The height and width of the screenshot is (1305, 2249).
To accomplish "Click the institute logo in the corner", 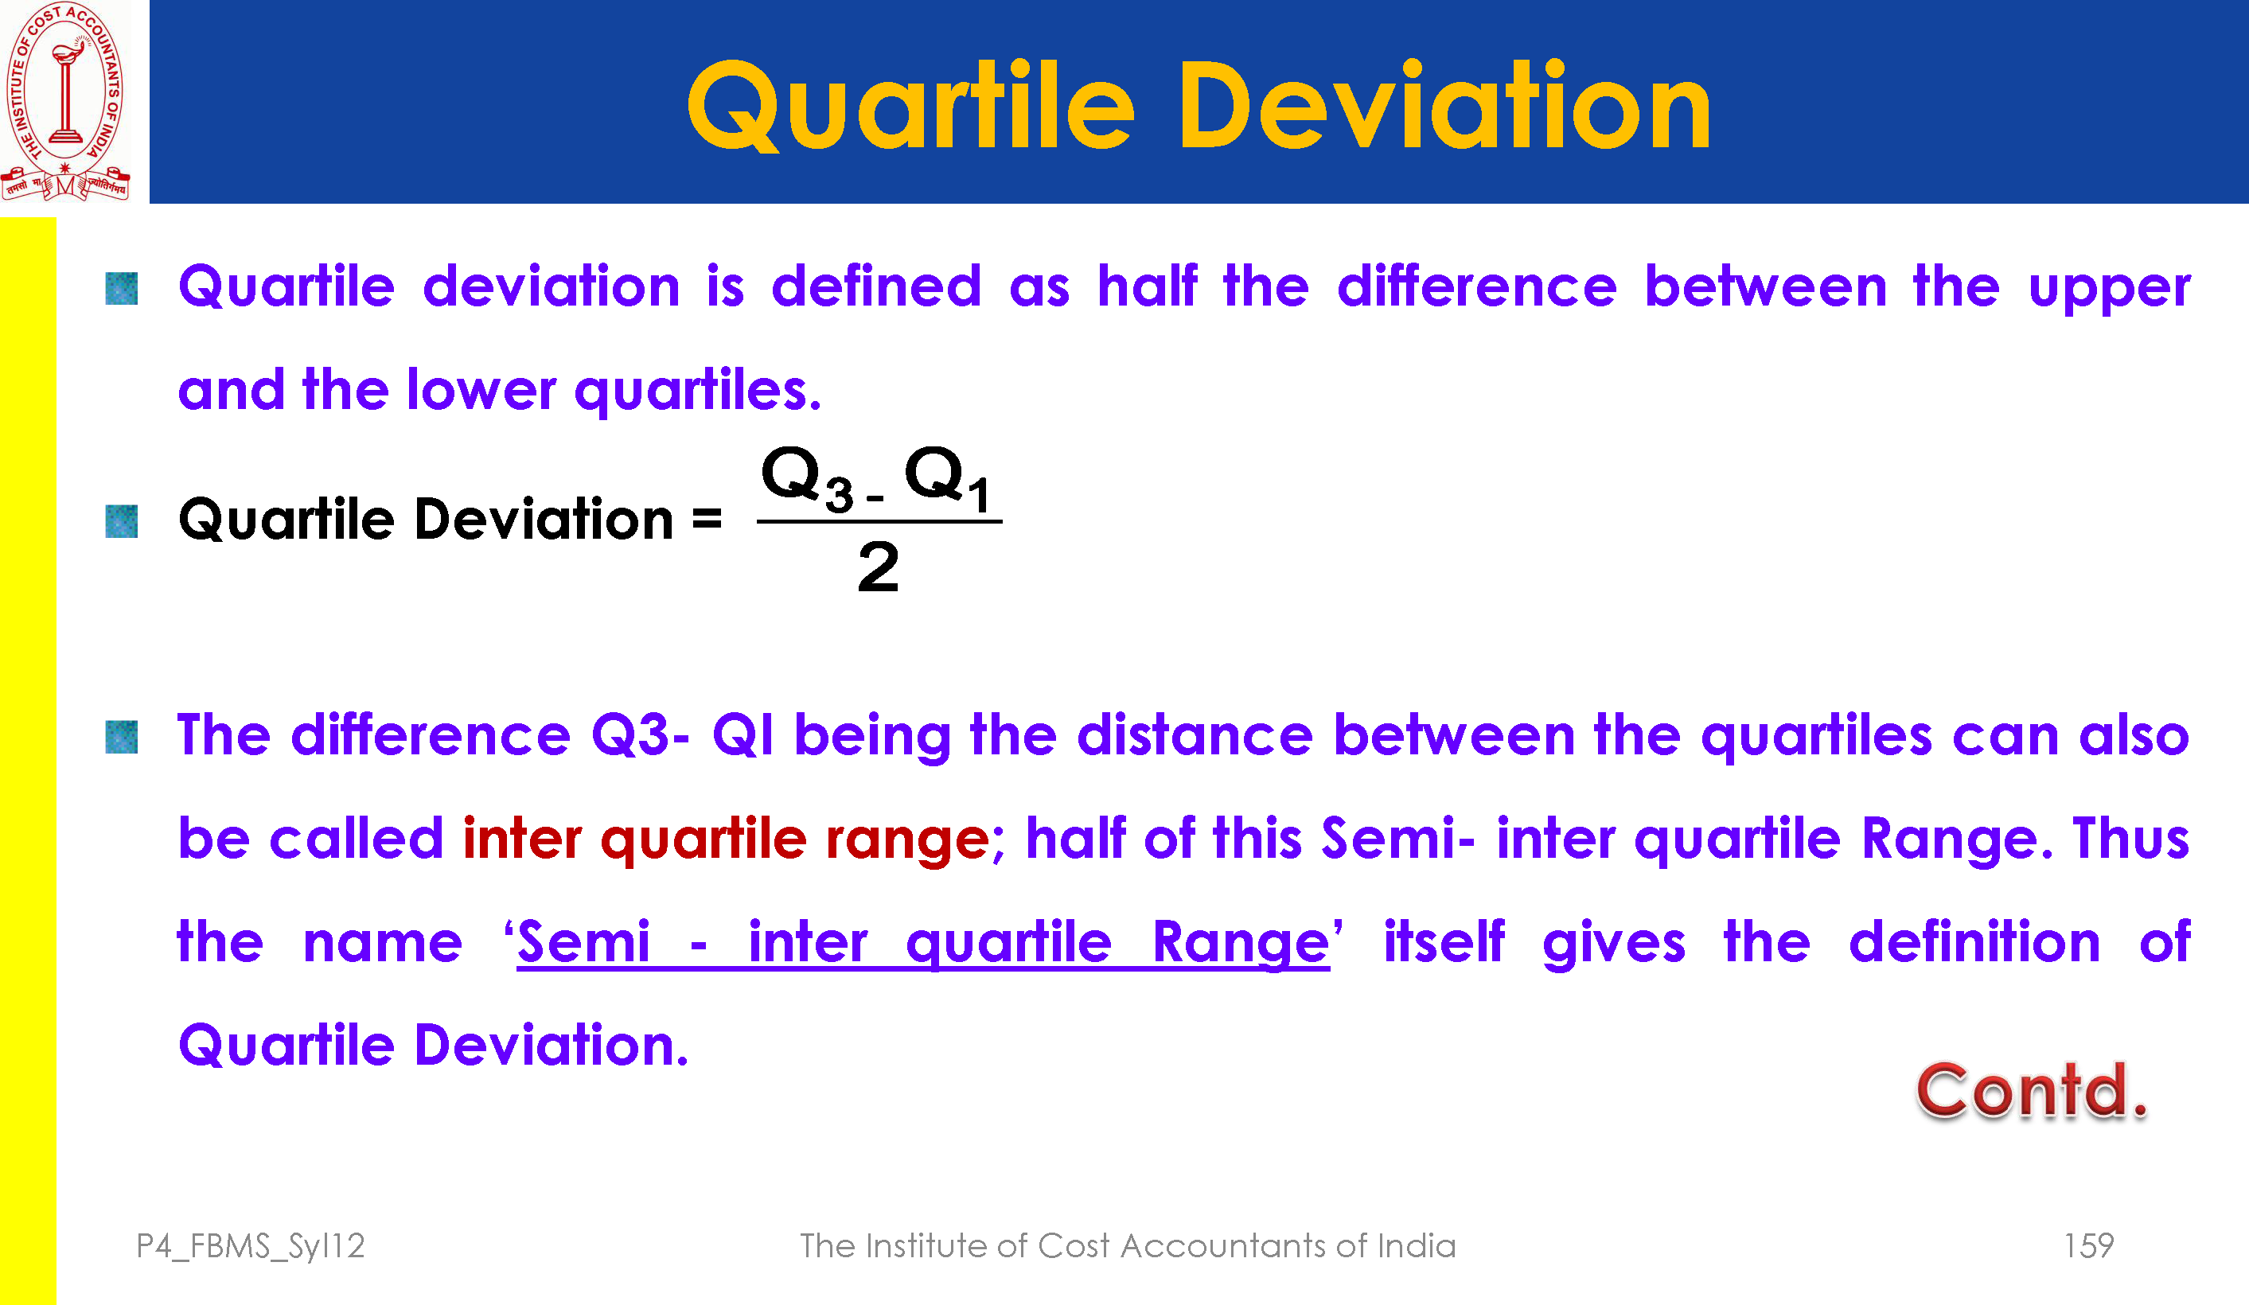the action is (x=65, y=101).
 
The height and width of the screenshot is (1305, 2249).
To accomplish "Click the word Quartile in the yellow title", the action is (x=911, y=106).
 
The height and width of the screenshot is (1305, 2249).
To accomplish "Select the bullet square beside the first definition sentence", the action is (x=122, y=288).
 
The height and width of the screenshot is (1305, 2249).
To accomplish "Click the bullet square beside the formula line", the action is (x=122, y=521).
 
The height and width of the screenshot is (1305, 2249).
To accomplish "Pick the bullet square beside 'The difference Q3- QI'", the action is (x=122, y=738).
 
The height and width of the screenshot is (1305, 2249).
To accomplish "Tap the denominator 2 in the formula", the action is (x=878, y=567).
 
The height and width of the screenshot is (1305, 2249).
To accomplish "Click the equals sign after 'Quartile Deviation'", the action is (x=707, y=519).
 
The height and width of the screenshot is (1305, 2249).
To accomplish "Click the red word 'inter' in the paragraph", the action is (x=522, y=838).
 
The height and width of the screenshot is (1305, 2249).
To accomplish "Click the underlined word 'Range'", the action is (x=1241, y=944).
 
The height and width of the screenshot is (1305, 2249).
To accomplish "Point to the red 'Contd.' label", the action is (x=2032, y=1091).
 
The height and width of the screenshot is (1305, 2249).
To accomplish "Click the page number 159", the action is (x=2088, y=1245).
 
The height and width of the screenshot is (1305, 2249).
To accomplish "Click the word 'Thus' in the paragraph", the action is (x=2131, y=838).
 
